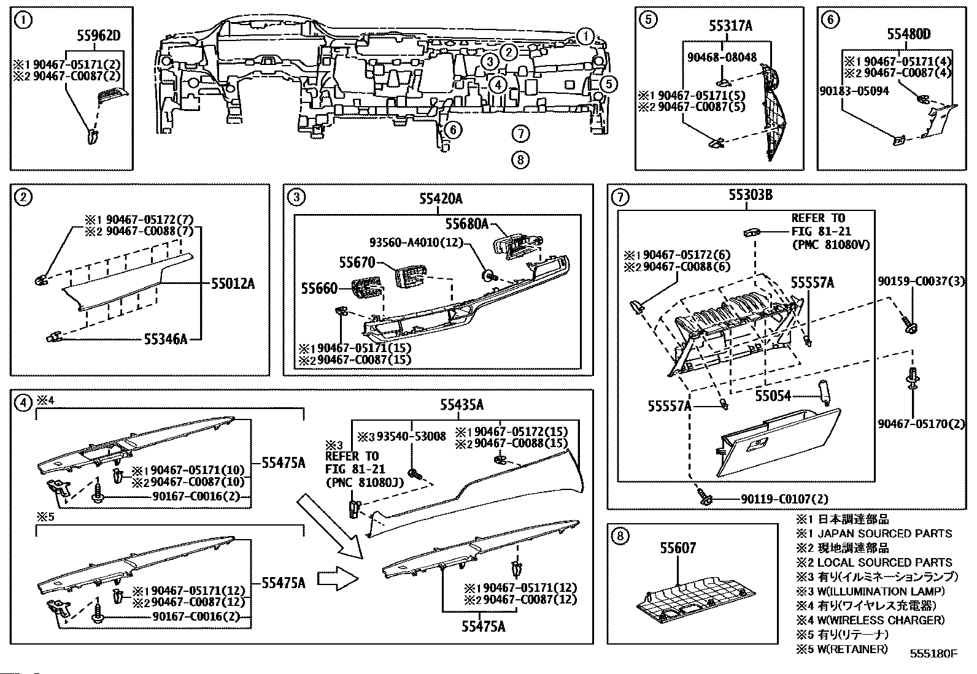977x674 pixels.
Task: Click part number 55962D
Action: (x=99, y=36)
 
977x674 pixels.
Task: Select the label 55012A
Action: (x=233, y=284)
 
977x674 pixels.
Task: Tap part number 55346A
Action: (x=166, y=339)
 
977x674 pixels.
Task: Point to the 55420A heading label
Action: (x=441, y=199)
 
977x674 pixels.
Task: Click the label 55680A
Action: (x=466, y=224)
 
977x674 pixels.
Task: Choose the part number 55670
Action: (x=357, y=262)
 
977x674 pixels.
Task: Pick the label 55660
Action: (x=319, y=288)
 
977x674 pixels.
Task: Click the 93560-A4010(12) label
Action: (x=416, y=242)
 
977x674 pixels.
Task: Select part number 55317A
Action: (x=730, y=26)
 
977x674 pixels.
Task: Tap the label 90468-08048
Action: (x=722, y=57)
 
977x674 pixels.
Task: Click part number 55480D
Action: (x=909, y=34)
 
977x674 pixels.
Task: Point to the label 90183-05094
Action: (x=854, y=91)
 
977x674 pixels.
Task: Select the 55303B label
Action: (x=751, y=194)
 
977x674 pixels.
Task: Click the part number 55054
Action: (x=773, y=396)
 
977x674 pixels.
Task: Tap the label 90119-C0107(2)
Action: (x=784, y=499)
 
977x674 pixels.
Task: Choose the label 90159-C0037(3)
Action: (x=922, y=281)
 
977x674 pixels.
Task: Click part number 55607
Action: (x=678, y=548)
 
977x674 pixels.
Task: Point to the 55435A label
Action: (x=461, y=405)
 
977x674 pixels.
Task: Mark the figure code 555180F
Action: (x=933, y=654)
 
